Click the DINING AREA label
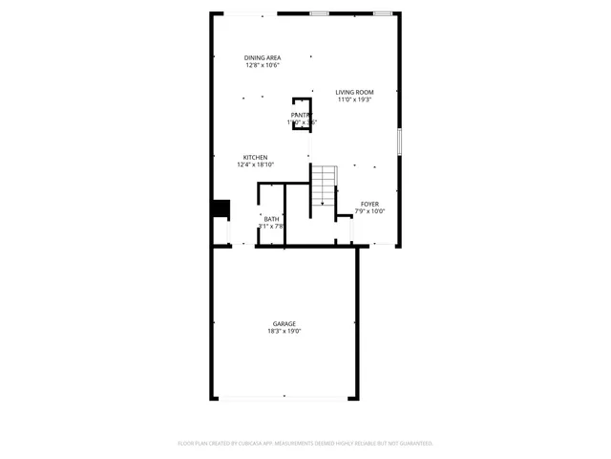point(263,57)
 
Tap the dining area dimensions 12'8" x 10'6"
point(263,66)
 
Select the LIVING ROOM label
point(354,92)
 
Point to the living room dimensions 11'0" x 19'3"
point(354,99)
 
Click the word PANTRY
point(302,115)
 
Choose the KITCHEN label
point(255,157)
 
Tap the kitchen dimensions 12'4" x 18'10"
point(255,164)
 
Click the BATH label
point(272,219)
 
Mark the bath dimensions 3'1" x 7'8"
point(272,227)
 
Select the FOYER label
point(369,203)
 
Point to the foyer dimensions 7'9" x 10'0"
point(369,210)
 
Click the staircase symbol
point(326,185)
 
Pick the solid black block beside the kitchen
point(221,208)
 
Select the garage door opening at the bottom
point(284,399)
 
